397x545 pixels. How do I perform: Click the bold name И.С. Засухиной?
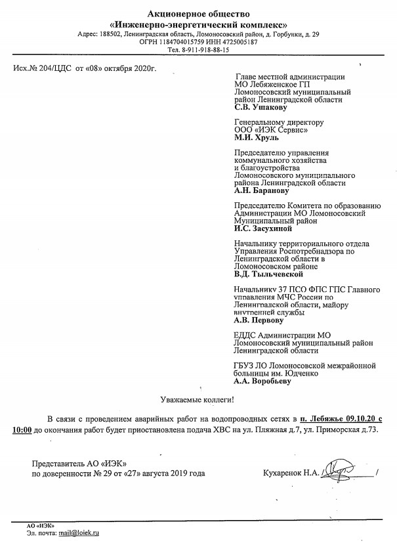point(263,229)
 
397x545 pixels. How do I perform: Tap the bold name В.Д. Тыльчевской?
point(268,275)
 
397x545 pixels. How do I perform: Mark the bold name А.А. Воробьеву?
point(262,381)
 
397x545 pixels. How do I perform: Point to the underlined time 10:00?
point(22,429)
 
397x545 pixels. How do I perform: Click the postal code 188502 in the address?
point(114,34)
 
